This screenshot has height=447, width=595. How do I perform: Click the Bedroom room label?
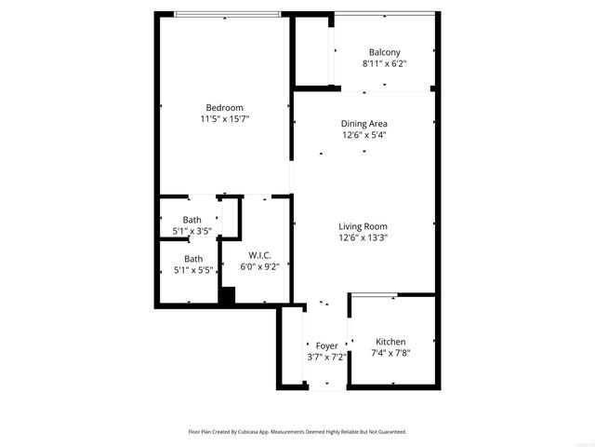[x=224, y=108]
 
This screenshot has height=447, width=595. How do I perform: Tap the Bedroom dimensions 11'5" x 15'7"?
[x=224, y=119]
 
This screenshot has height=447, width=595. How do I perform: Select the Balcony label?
[x=384, y=52]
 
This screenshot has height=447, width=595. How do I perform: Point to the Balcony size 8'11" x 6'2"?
[x=384, y=63]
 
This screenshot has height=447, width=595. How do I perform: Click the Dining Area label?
[x=364, y=123]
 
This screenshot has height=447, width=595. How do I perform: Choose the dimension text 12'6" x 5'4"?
[x=364, y=134]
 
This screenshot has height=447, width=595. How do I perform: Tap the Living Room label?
[x=363, y=226]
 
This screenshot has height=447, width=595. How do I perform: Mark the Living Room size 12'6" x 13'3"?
[x=363, y=237]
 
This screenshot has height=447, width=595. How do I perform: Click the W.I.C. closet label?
[x=259, y=255]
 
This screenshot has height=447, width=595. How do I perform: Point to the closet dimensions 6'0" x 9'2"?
[x=259, y=266]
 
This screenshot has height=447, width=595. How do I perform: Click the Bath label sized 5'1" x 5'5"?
[x=193, y=259]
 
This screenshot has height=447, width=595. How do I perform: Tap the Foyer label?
[x=326, y=345]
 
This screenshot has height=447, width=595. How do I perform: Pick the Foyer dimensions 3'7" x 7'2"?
[x=326, y=357]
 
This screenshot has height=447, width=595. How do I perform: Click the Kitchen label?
[x=390, y=342]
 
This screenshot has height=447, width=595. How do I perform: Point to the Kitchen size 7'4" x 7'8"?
[x=390, y=353]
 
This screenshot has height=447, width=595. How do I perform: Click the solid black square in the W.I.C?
[x=227, y=295]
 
